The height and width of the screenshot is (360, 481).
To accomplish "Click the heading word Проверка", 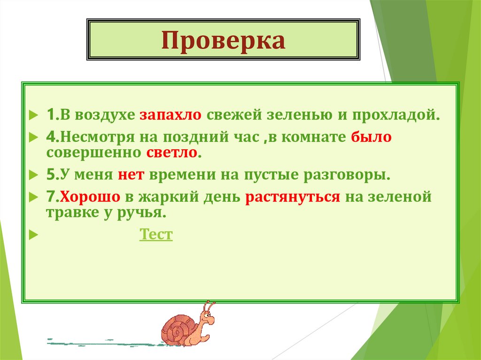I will point(223,40).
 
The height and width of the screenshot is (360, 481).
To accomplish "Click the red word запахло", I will point(170,115).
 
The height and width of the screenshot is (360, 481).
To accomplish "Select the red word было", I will point(371,138).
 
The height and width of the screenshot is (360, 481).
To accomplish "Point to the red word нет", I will point(133,175).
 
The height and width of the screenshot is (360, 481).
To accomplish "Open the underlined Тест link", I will point(156,234).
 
